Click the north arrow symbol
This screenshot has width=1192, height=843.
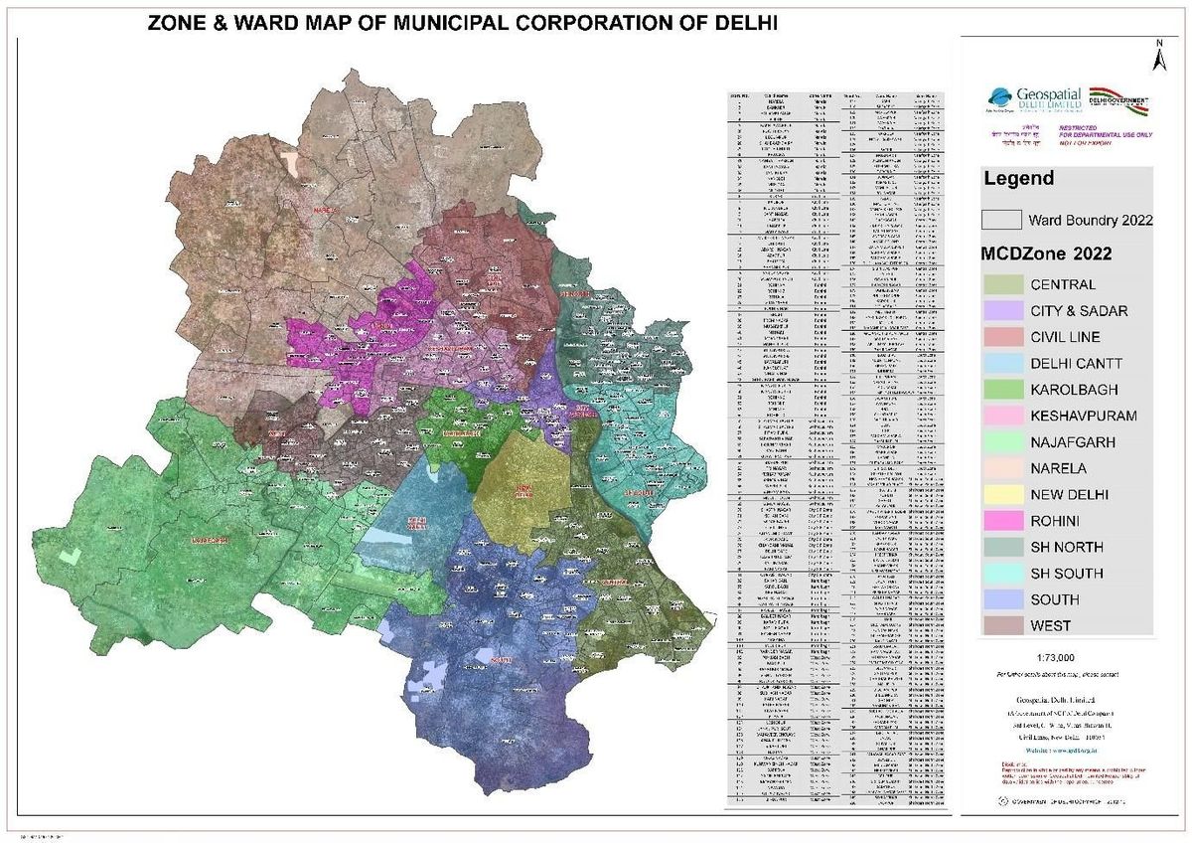point(1158,56)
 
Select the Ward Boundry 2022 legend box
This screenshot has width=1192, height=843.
point(1001,220)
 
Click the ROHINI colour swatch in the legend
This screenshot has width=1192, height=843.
point(1001,521)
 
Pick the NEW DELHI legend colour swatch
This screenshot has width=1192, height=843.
point(1001,494)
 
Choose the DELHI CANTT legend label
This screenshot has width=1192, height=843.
point(1076,364)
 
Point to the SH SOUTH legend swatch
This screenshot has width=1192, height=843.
point(1001,574)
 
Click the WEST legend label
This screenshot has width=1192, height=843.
point(1051,626)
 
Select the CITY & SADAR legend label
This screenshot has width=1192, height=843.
point(1079,311)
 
